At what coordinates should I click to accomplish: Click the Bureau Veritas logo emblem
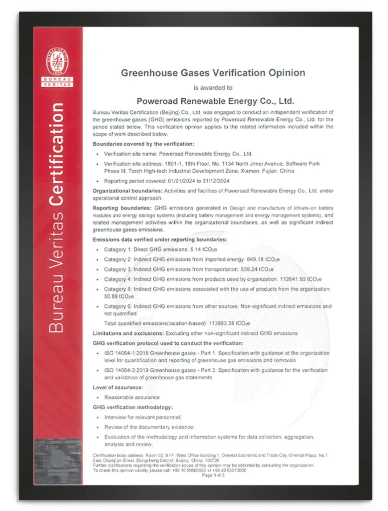58,62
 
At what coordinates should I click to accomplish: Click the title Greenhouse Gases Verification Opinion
213,73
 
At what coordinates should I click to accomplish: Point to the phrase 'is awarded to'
213,88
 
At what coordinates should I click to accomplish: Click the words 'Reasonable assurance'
132,397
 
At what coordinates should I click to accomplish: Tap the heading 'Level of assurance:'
118,388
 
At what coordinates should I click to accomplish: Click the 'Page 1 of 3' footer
213,476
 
